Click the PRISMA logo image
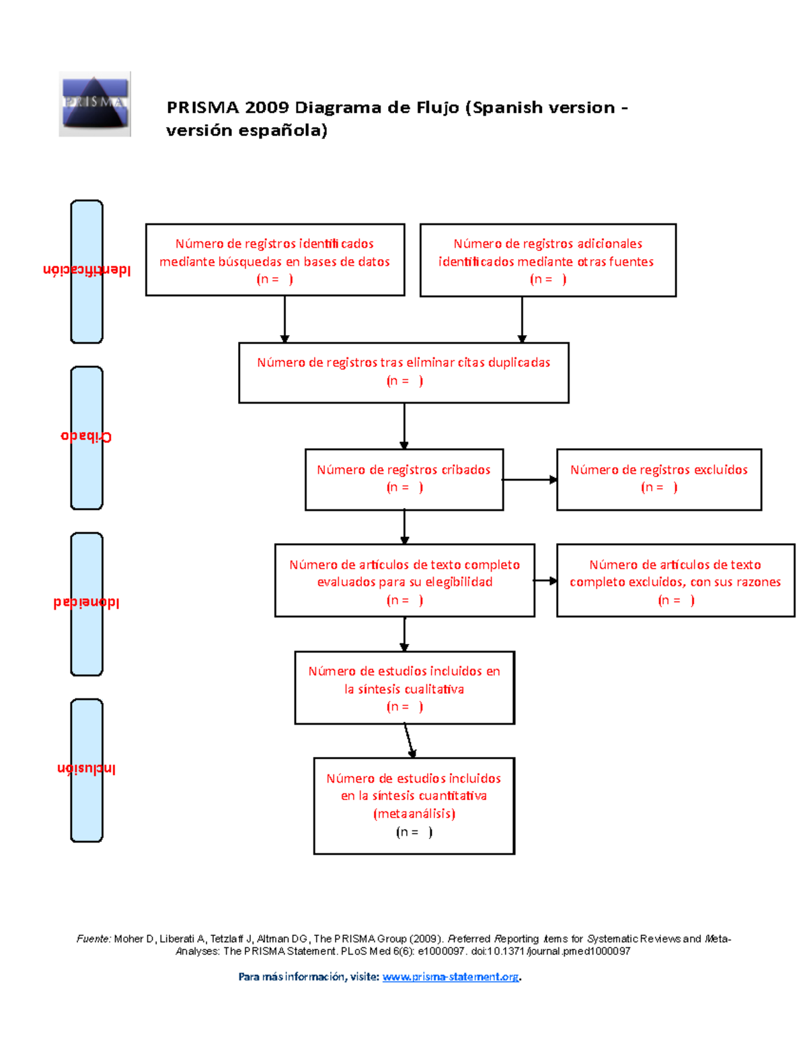click(94, 104)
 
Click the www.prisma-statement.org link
click(450, 976)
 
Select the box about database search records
click(275, 260)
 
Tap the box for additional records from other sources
click(547, 260)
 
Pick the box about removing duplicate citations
click(403, 373)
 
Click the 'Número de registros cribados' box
click(403, 479)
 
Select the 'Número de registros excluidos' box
click(658, 479)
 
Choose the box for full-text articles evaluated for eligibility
click(404, 580)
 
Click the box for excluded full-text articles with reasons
click(675, 580)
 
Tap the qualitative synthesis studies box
click(404, 688)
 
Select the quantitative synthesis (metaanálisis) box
click(414, 805)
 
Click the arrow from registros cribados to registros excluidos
click(530, 480)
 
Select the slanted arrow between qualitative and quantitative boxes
click(408, 740)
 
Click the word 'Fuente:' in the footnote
click(93, 939)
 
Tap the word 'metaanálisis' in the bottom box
click(414, 814)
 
